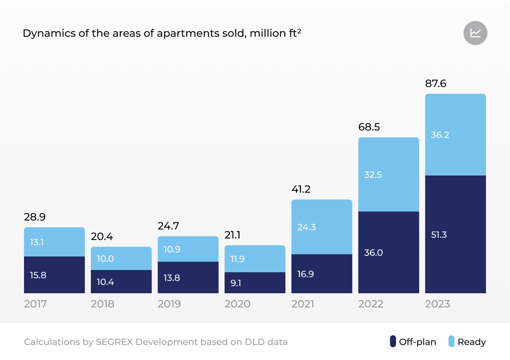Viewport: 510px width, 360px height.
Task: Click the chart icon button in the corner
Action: click(x=475, y=33)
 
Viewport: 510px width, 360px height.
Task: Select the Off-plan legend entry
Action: click(x=413, y=342)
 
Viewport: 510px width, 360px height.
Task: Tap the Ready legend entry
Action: click(x=467, y=342)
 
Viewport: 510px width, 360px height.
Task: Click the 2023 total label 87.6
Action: click(x=435, y=83)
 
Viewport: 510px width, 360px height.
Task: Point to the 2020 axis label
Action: click(x=237, y=304)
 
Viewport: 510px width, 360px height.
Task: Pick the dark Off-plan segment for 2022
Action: click(x=388, y=252)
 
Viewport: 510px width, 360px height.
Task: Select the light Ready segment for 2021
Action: click(x=322, y=227)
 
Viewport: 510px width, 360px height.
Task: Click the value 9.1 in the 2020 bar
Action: click(x=236, y=283)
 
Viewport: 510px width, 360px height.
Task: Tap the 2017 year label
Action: click(x=36, y=304)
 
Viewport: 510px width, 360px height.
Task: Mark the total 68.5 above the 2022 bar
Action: click(x=369, y=127)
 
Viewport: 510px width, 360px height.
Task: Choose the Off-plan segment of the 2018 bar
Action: click(x=121, y=281)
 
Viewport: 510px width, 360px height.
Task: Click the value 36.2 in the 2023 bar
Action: click(x=440, y=135)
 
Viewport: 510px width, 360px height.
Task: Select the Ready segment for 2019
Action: click(x=188, y=249)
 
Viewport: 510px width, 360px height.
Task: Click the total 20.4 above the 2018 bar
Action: click(x=102, y=236)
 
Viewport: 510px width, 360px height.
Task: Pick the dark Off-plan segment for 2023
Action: click(x=455, y=234)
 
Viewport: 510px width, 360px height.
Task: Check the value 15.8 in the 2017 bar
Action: click(x=38, y=275)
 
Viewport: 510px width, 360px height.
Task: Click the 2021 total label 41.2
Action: click(x=301, y=189)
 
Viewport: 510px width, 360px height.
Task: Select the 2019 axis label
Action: click(x=169, y=304)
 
